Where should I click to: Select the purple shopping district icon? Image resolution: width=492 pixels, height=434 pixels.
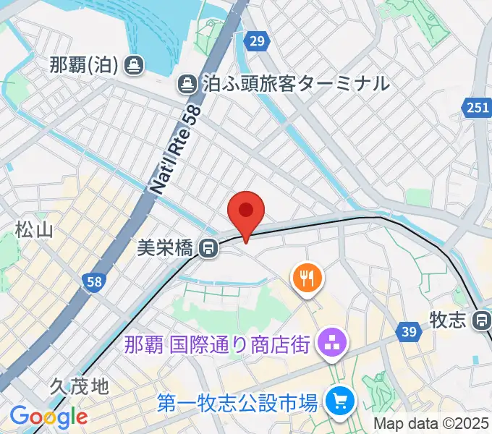coord(332,343)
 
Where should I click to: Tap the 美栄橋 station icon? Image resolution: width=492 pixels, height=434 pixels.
coord(209,249)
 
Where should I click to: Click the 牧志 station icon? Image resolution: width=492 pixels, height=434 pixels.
coord(483,319)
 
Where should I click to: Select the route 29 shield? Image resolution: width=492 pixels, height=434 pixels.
coord(255,41)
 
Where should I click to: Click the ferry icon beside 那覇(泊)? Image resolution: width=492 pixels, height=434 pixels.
coord(132,66)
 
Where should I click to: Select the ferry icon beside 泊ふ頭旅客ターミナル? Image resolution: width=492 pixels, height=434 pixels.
coord(187,84)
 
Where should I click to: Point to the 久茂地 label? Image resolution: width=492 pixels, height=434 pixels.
coord(80,386)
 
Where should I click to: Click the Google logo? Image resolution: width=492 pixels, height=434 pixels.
coord(48,416)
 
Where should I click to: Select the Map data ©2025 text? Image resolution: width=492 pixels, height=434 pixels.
coord(431,423)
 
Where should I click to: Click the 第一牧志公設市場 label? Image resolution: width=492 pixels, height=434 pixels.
coord(239,400)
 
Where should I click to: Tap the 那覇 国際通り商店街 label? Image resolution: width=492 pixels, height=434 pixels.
coord(217,343)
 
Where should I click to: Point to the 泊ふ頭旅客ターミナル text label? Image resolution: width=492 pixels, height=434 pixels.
coord(294,84)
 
